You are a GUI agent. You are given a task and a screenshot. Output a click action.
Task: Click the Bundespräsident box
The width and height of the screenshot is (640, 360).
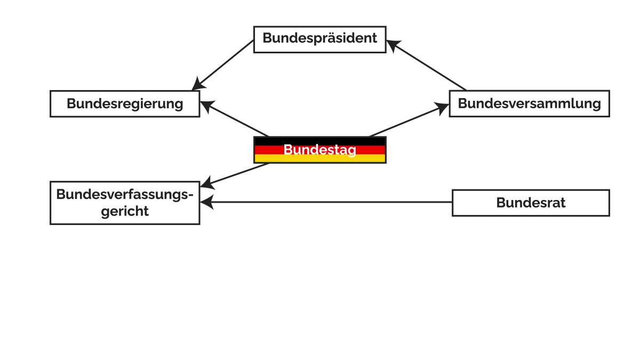tap(319, 39)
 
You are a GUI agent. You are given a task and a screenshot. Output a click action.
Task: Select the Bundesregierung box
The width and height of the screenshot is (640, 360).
tap(125, 103)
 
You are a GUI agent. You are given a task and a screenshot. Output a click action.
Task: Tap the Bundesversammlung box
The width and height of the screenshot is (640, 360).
tap(529, 103)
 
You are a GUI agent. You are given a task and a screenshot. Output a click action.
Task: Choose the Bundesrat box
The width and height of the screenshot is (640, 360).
tap(531, 203)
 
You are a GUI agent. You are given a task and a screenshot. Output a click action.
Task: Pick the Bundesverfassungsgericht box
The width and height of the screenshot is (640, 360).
tap(125, 203)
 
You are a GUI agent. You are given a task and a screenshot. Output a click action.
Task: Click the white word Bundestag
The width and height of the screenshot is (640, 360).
tap(319, 150)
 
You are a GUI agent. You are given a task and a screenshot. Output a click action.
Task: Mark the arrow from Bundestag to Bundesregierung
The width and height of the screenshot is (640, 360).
tap(237, 120)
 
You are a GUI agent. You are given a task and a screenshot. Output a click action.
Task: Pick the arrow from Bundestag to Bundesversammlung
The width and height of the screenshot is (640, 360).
tap(408, 121)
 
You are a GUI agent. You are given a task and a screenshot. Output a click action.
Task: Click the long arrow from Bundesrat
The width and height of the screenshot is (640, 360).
tap(331, 202)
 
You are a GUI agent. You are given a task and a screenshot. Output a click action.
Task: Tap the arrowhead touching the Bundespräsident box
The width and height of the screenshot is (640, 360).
tap(393, 45)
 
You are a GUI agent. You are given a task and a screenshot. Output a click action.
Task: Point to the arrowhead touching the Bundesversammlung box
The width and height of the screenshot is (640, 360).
tap(443, 108)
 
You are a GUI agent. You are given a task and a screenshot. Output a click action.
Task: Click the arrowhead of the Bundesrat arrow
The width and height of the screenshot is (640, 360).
tap(206, 202)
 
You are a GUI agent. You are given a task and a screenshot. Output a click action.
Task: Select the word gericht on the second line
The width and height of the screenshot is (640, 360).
tap(125, 211)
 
